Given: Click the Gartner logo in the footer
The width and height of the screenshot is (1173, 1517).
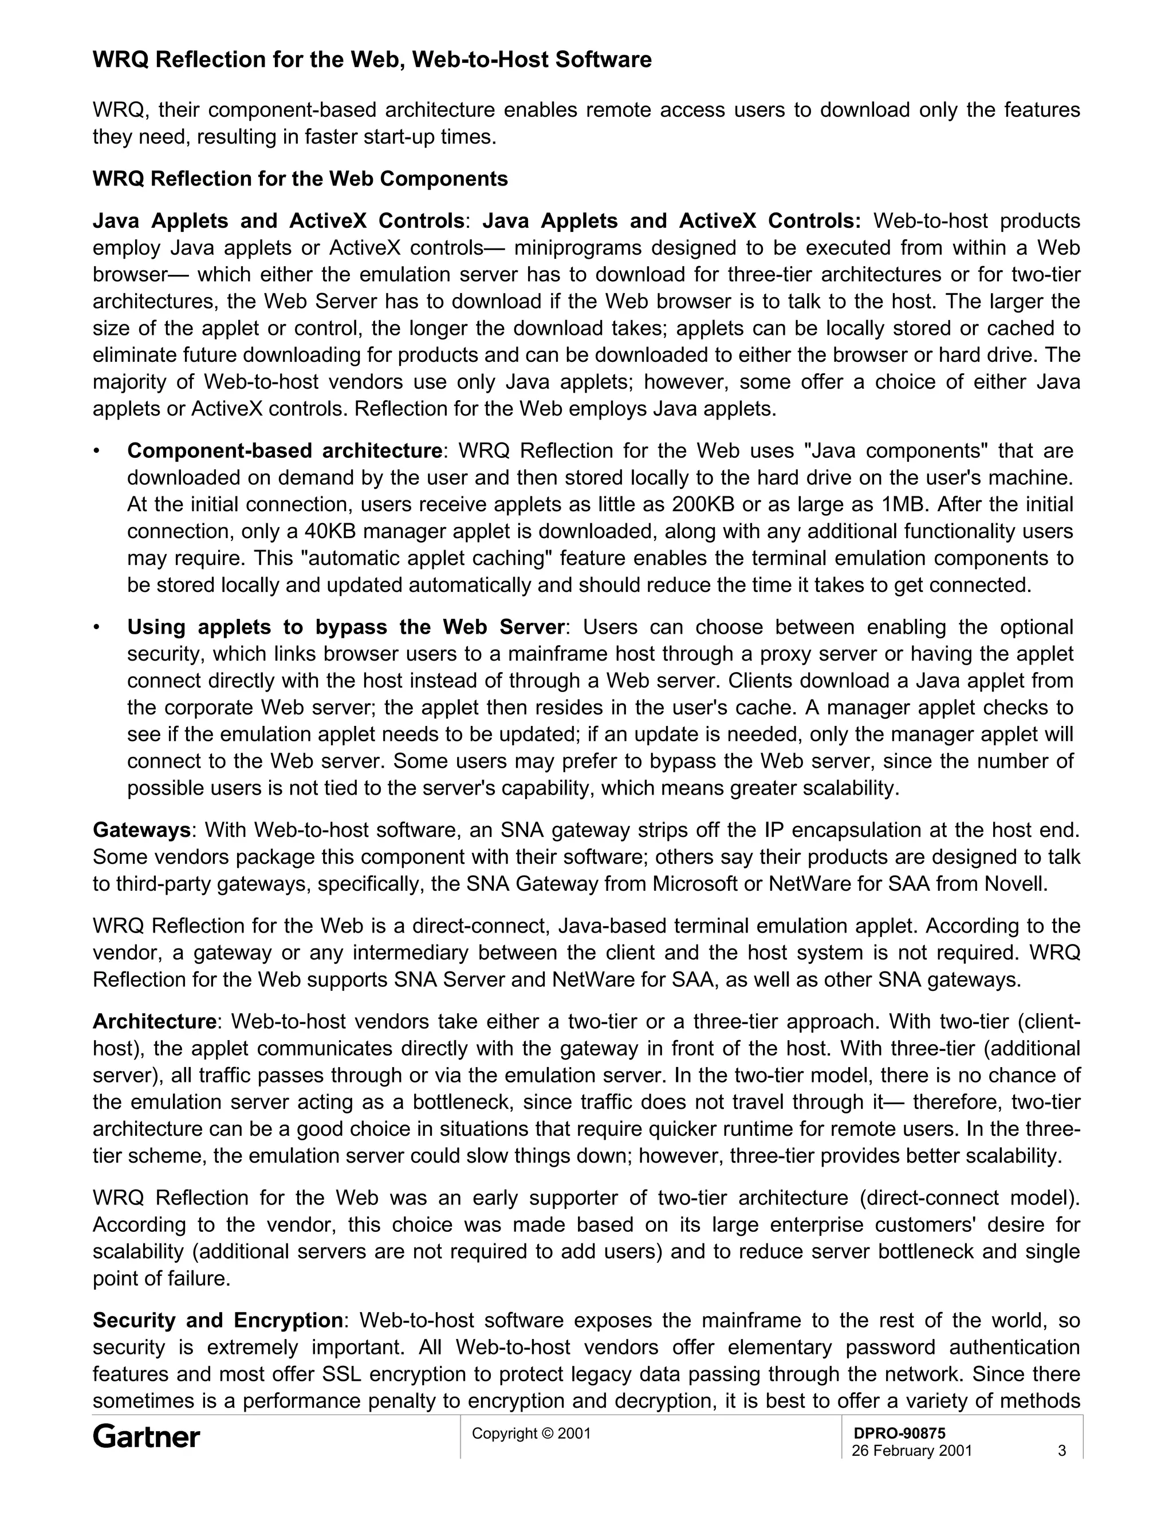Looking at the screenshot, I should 146,1436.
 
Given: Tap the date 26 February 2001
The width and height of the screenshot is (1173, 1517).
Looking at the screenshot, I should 911,1451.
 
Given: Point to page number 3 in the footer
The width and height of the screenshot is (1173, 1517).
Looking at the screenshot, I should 1061,1451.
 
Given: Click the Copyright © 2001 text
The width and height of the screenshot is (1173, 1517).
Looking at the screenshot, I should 531,1433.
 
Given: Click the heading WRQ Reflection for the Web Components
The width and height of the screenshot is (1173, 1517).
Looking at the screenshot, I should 300,179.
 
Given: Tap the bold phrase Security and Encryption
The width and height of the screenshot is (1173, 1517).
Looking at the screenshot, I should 218,1321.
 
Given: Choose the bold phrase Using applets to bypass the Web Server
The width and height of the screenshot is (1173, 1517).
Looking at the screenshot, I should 345,627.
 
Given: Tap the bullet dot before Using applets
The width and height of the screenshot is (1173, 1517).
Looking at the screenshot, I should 97,627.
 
